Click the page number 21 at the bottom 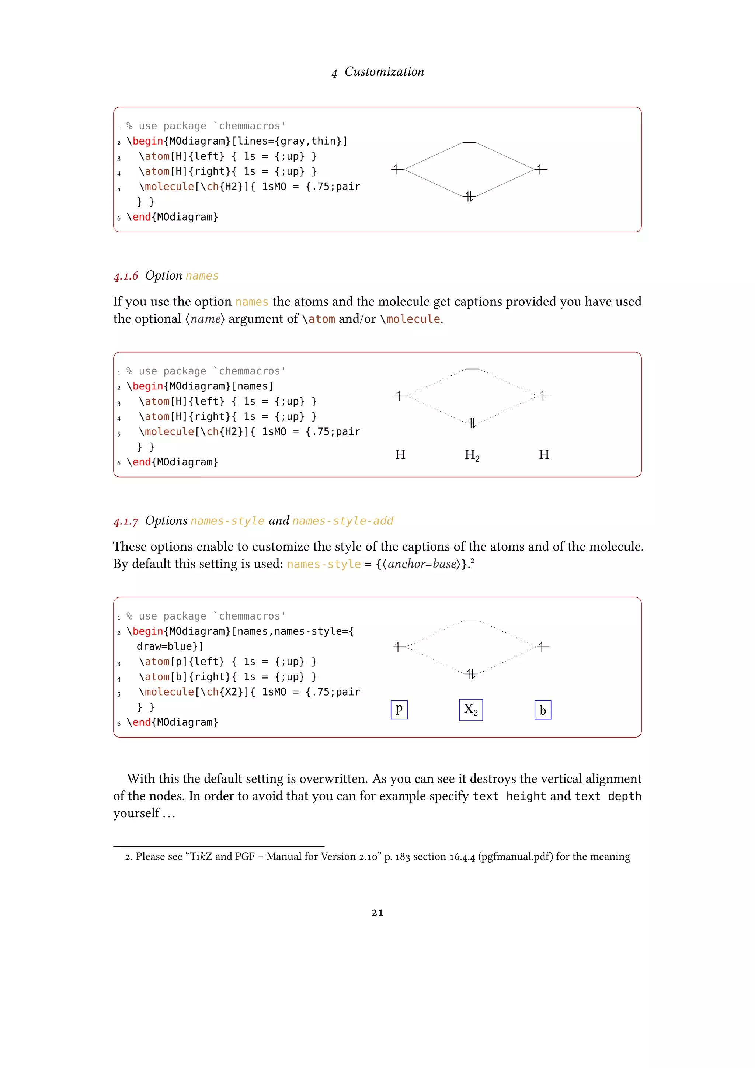[377, 913]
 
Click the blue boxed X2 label [470, 710]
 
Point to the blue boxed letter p [399, 710]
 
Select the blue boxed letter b [543, 710]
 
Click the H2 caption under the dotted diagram [472, 455]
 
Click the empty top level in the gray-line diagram [469, 142]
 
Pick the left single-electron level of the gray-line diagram [397, 169]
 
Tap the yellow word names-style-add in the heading [342, 521]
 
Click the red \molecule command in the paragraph [410, 319]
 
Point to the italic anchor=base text [422, 564]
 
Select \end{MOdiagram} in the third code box [172, 722]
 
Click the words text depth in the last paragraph [607, 796]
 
